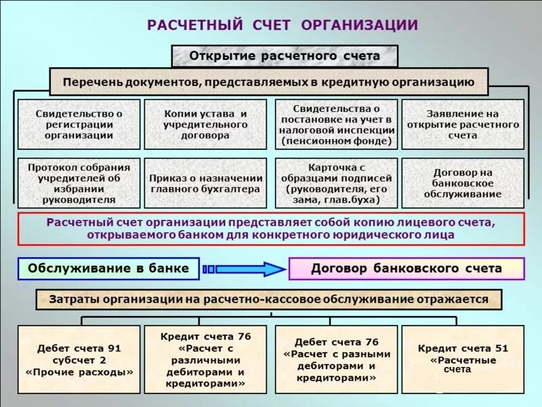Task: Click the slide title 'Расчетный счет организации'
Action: tap(282, 26)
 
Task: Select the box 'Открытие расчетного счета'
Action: tap(285, 56)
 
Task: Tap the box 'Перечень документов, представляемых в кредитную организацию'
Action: tap(269, 82)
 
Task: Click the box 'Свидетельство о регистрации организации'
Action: tap(79, 124)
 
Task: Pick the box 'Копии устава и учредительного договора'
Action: tap(205, 124)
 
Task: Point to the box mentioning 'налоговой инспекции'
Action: tap(335, 124)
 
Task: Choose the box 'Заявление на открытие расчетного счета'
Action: tap(463, 124)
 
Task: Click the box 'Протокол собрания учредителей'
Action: tap(79, 183)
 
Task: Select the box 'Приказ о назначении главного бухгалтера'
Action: tap(205, 183)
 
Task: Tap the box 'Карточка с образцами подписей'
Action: tap(335, 183)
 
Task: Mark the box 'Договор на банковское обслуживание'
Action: tap(463, 183)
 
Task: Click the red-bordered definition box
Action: tap(271, 229)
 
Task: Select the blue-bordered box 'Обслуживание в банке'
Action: tap(108, 269)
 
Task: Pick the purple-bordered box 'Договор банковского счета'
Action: tap(406, 269)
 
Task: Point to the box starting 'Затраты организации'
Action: tap(269, 299)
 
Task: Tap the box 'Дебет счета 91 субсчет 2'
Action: tap(79, 360)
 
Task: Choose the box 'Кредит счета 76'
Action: tap(205, 360)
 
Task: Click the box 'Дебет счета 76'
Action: tap(335, 360)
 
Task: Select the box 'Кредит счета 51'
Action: tap(463, 360)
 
